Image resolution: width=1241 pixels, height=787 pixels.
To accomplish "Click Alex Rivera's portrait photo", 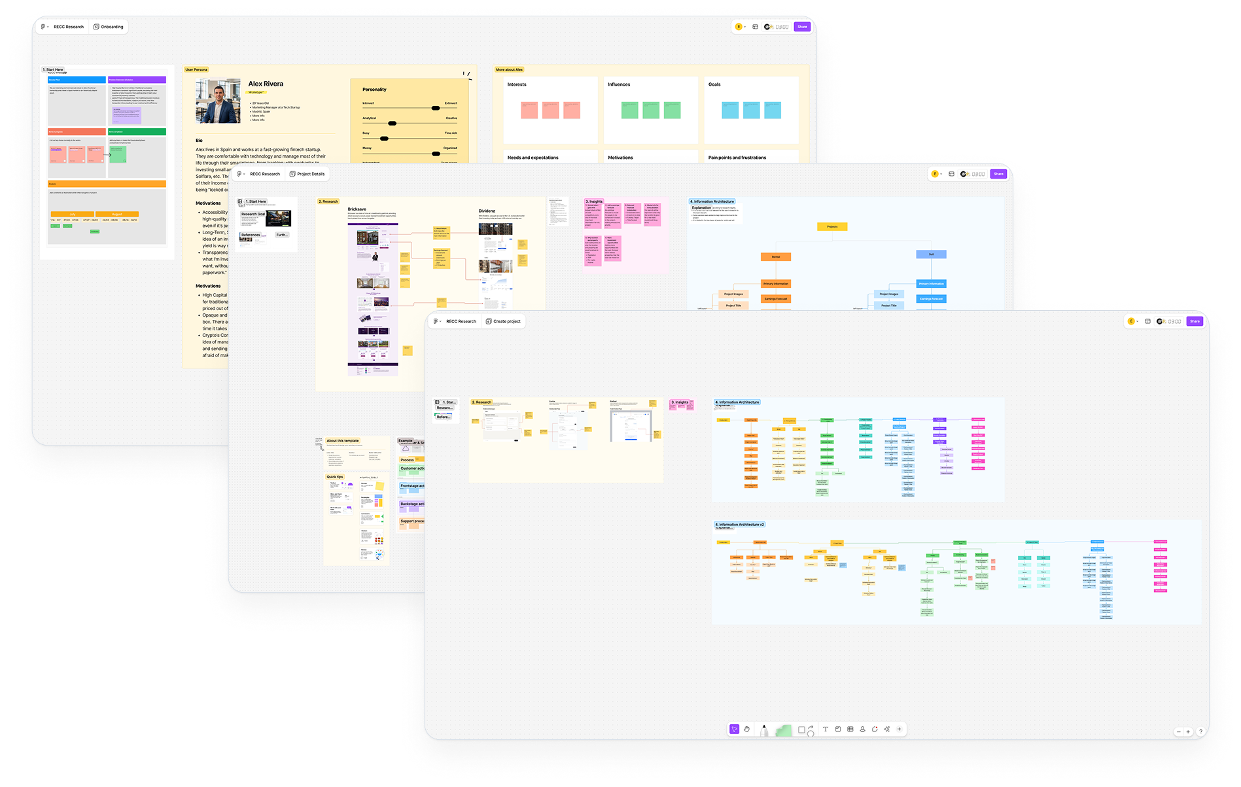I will click(x=218, y=101).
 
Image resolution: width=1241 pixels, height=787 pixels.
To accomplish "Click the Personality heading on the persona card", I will click(x=374, y=90).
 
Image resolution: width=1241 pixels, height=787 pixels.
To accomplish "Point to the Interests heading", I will click(x=517, y=84).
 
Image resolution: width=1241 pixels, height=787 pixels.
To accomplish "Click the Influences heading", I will click(x=619, y=84).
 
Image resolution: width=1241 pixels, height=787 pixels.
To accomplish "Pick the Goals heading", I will click(x=714, y=84).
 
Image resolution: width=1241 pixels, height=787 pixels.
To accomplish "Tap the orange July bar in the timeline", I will click(x=72, y=214).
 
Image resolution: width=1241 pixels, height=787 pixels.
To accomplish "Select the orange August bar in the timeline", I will click(x=117, y=214).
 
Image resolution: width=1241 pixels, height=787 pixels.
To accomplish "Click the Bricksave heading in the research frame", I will click(x=357, y=209).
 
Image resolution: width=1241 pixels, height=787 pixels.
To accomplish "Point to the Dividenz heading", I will click(x=487, y=211).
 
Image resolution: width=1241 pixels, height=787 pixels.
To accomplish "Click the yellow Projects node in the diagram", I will click(x=832, y=226).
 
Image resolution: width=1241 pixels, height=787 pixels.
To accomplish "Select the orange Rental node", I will click(x=776, y=256).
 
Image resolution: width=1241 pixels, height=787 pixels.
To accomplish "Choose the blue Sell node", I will click(x=931, y=254).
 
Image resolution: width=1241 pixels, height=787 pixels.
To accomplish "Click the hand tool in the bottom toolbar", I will click(x=746, y=729).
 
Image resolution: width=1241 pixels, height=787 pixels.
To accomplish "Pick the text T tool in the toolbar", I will click(x=826, y=729).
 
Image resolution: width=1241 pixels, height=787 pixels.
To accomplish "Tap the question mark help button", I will click(x=1200, y=731).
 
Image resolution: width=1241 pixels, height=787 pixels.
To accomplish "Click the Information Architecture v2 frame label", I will click(x=740, y=525).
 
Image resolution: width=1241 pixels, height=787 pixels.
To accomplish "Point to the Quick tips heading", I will click(x=335, y=477).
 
